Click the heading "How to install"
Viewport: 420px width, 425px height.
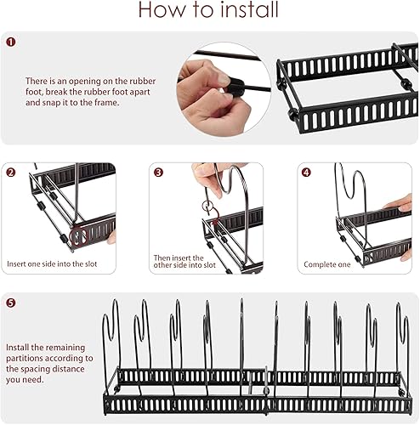208,10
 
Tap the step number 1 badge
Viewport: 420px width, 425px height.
11,42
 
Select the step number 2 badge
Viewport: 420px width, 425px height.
11,173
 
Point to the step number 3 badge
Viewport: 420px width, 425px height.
158,173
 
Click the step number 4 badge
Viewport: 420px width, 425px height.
306,173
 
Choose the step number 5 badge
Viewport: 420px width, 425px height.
11,303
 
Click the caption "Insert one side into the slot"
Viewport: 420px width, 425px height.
52,264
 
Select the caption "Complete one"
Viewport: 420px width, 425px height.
327,264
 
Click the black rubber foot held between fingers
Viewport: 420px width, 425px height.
236,86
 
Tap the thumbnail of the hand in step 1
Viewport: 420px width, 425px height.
224,89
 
